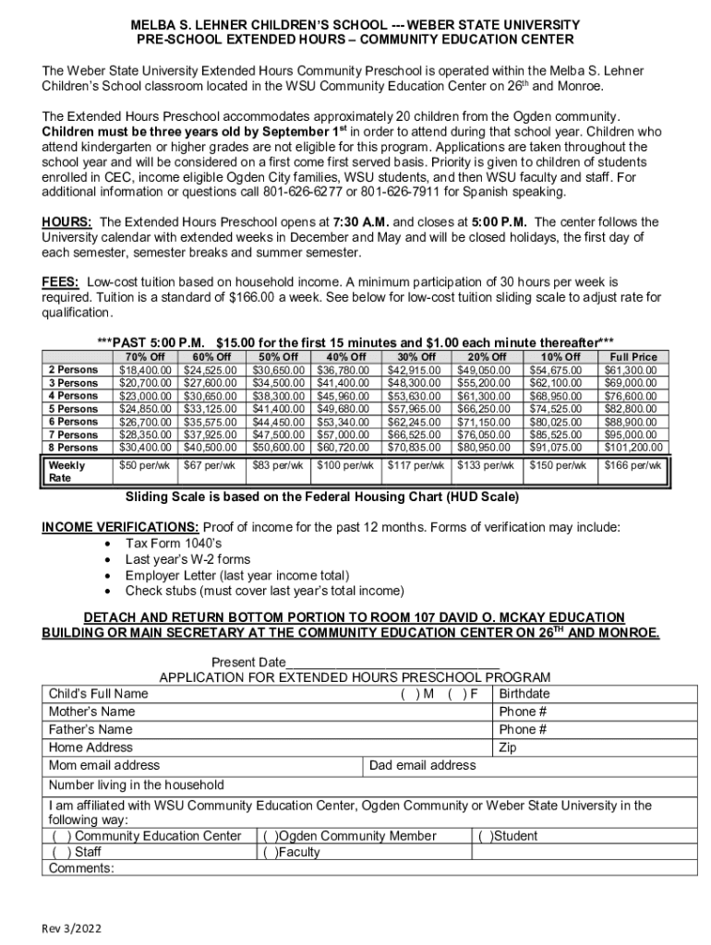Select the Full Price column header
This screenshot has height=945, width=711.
tap(633, 357)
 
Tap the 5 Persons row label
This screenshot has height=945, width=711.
tap(73, 409)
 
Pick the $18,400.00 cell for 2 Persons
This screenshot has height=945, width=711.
tap(146, 370)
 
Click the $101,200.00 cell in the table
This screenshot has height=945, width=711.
tap(633, 448)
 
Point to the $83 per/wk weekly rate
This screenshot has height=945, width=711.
tap(278, 466)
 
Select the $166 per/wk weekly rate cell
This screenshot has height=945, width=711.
tap(633, 466)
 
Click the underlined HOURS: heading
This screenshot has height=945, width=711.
tap(66, 222)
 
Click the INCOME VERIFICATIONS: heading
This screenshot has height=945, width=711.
tap(120, 528)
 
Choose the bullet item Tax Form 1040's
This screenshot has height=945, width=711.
tap(173, 544)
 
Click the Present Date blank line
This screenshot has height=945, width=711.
tap(392, 663)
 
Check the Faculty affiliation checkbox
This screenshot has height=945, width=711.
tap(270, 853)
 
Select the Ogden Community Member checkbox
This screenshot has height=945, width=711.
tap(270, 836)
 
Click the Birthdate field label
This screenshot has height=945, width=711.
tap(524, 694)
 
